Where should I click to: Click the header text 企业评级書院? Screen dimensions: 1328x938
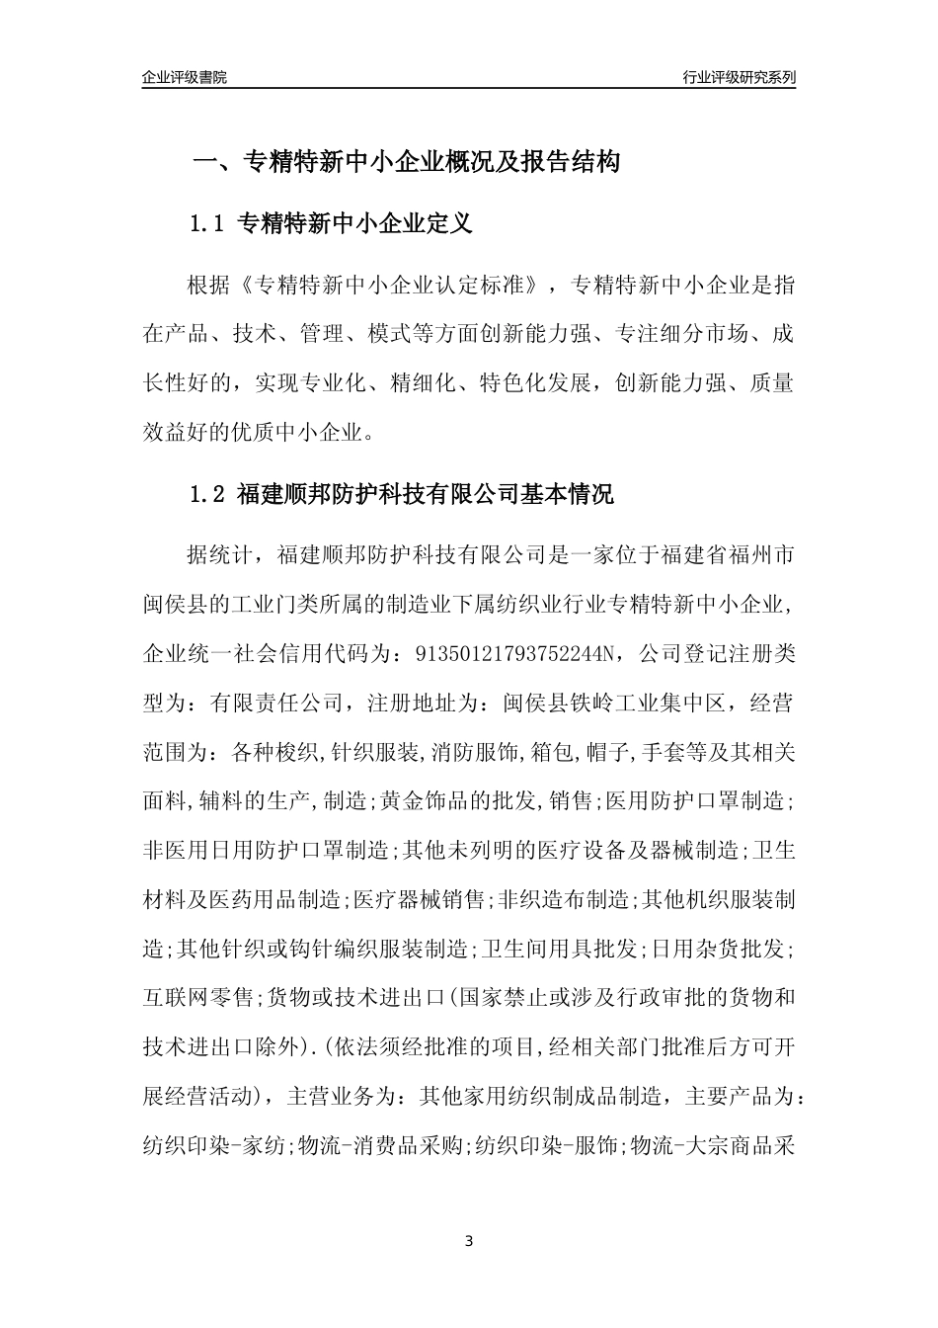[185, 77]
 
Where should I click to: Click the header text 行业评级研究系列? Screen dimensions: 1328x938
[739, 77]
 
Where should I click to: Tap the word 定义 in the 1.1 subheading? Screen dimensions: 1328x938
[450, 224]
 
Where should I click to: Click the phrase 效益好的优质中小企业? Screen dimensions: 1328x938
[257, 432]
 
